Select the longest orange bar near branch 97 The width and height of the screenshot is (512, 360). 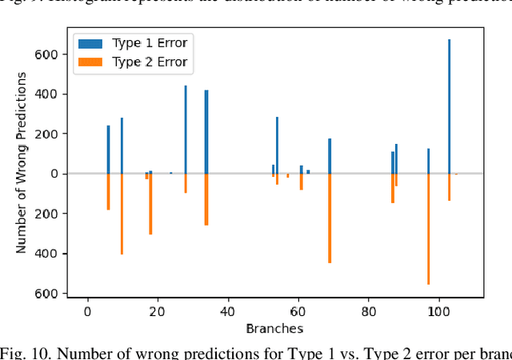[x=428, y=229]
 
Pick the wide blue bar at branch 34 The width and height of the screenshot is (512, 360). [x=206, y=132]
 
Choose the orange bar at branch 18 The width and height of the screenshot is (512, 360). [x=150, y=204]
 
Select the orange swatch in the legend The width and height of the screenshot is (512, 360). [x=90, y=62]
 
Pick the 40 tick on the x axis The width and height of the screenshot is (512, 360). [x=227, y=312]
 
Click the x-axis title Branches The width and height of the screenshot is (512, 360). [x=274, y=328]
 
